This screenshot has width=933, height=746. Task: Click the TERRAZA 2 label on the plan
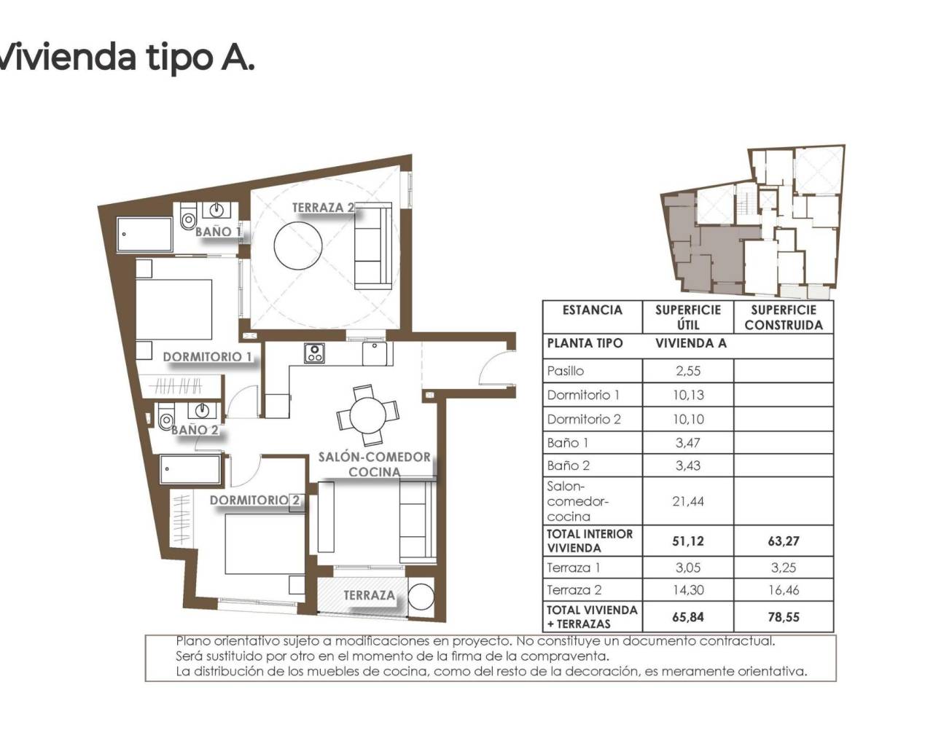click(322, 208)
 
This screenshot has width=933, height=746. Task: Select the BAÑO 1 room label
click(218, 232)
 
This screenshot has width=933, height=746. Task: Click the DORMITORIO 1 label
click(208, 357)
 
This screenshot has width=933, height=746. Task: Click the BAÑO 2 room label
click(195, 430)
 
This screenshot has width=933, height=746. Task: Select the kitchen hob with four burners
click(314, 353)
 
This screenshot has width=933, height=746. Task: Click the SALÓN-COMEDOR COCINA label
click(374, 464)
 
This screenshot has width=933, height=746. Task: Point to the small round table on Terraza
click(421, 596)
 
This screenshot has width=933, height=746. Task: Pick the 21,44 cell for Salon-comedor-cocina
click(687, 501)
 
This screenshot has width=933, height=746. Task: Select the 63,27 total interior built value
click(783, 541)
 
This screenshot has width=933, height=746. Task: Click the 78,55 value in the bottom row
click(783, 617)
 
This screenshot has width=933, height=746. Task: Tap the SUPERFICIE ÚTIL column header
click(687, 317)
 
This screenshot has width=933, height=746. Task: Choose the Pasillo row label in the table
click(566, 371)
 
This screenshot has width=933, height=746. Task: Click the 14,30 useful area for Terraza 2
click(687, 591)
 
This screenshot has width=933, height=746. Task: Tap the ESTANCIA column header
click(592, 310)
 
